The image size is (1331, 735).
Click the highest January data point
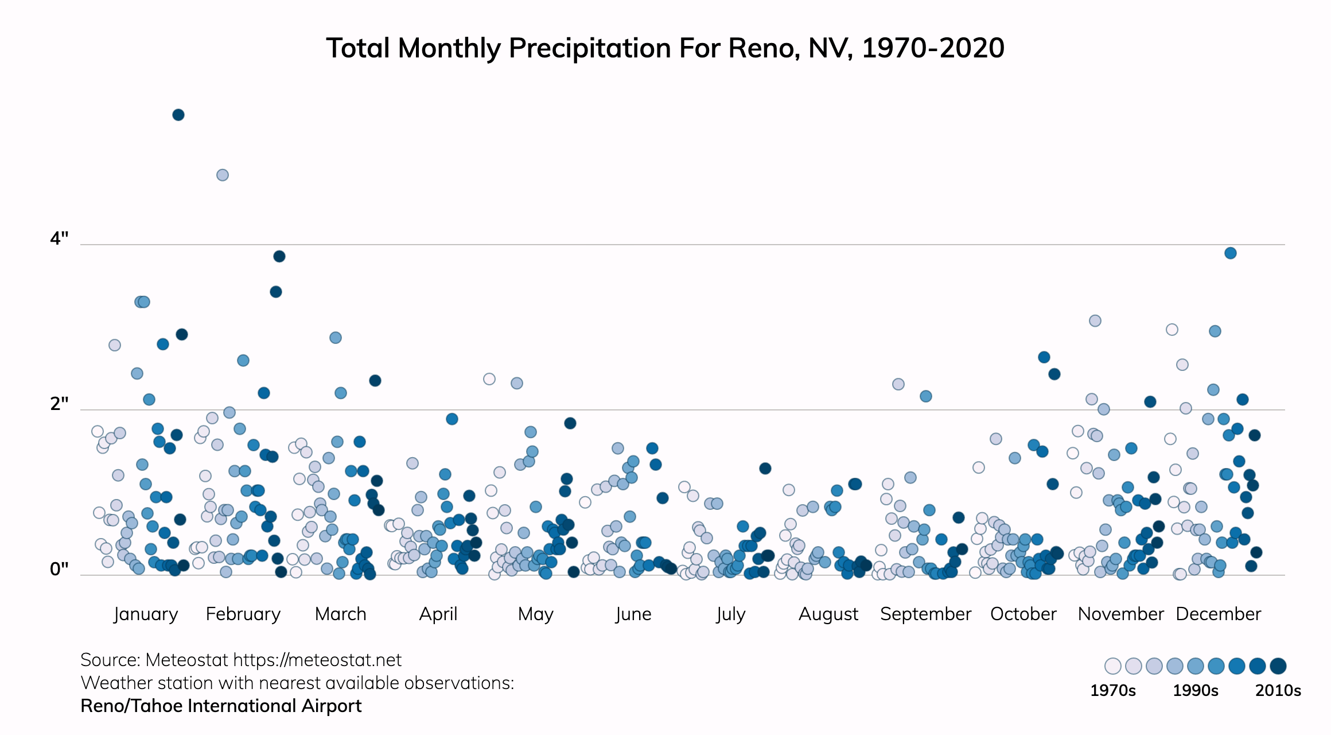178,115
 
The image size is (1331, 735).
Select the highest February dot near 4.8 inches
223,175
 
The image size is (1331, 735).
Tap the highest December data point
1230,253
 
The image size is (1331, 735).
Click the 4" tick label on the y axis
59,238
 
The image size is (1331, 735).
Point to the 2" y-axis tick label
59,404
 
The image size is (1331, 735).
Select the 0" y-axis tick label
59,569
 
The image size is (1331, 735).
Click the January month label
146,614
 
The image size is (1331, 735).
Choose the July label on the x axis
730,614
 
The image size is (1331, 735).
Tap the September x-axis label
925,614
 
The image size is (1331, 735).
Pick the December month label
1218,614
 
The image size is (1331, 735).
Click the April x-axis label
438,614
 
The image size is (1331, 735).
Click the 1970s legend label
1112,690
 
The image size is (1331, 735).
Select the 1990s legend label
1195,690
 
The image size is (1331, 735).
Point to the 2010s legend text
1278,690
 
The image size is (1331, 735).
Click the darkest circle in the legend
1278,666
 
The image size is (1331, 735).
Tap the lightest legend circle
1113,666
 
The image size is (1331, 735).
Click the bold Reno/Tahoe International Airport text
221,706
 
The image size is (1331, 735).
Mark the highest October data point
1044,357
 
